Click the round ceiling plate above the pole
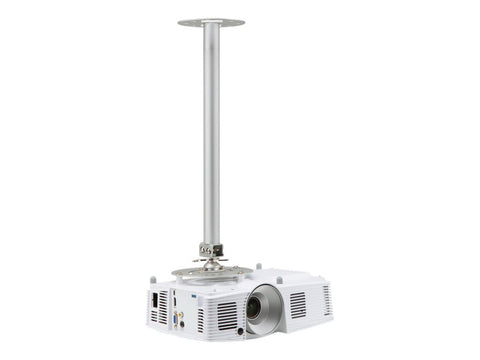pyautogui.click(x=211, y=22)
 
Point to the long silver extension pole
pyautogui.click(x=211, y=130)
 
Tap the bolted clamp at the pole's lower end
pyautogui.click(x=211, y=249)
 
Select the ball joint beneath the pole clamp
pyautogui.click(x=211, y=262)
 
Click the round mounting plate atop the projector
pyautogui.click(x=211, y=271)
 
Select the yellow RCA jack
pyautogui.click(x=180, y=314)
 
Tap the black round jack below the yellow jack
pyautogui.click(x=182, y=324)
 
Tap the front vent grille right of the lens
pyautogui.click(x=298, y=303)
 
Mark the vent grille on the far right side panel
pyautogui.click(x=326, y=298)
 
